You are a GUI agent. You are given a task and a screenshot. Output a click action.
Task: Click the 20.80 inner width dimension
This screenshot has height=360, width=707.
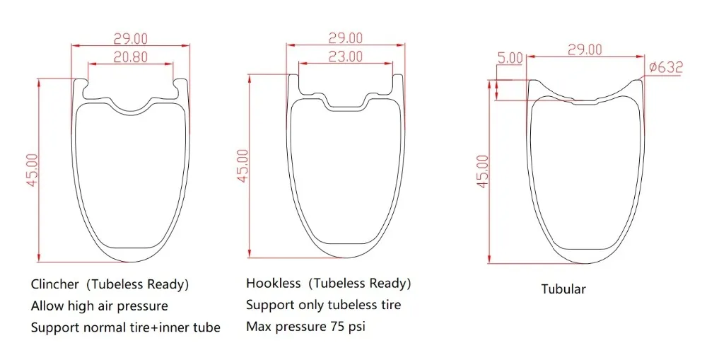pyautogui.click(x=130, y=57)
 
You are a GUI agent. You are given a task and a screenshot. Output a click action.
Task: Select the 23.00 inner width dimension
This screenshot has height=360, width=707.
pyautogui.click(x=346, y=57)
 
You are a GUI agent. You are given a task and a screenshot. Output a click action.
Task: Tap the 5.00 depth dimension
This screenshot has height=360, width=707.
pyautogui.click(x=510, y=58)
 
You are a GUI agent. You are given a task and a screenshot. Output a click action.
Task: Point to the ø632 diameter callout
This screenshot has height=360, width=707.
pyautogui.click(x=666, y=67)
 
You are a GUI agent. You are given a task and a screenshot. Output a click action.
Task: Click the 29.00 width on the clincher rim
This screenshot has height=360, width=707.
pyautogui.click(x=130, y=39)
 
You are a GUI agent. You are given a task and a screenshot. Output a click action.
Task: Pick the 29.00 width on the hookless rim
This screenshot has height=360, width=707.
pyautogui.click(x=346, y=38)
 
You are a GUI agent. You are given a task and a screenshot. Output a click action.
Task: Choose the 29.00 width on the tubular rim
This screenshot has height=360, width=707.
pyautogui.click(x=585, y=50)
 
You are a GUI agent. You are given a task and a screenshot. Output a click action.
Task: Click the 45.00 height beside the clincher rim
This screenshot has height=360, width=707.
pyautogui.click(x=33, y=170)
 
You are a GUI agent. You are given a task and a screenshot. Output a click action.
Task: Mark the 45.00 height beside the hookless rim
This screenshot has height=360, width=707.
pyautogui.click(x=243, y=166)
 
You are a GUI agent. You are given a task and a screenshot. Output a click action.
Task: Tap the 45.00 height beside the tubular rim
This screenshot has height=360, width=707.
pyautogui.click(x=482, y=171)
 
